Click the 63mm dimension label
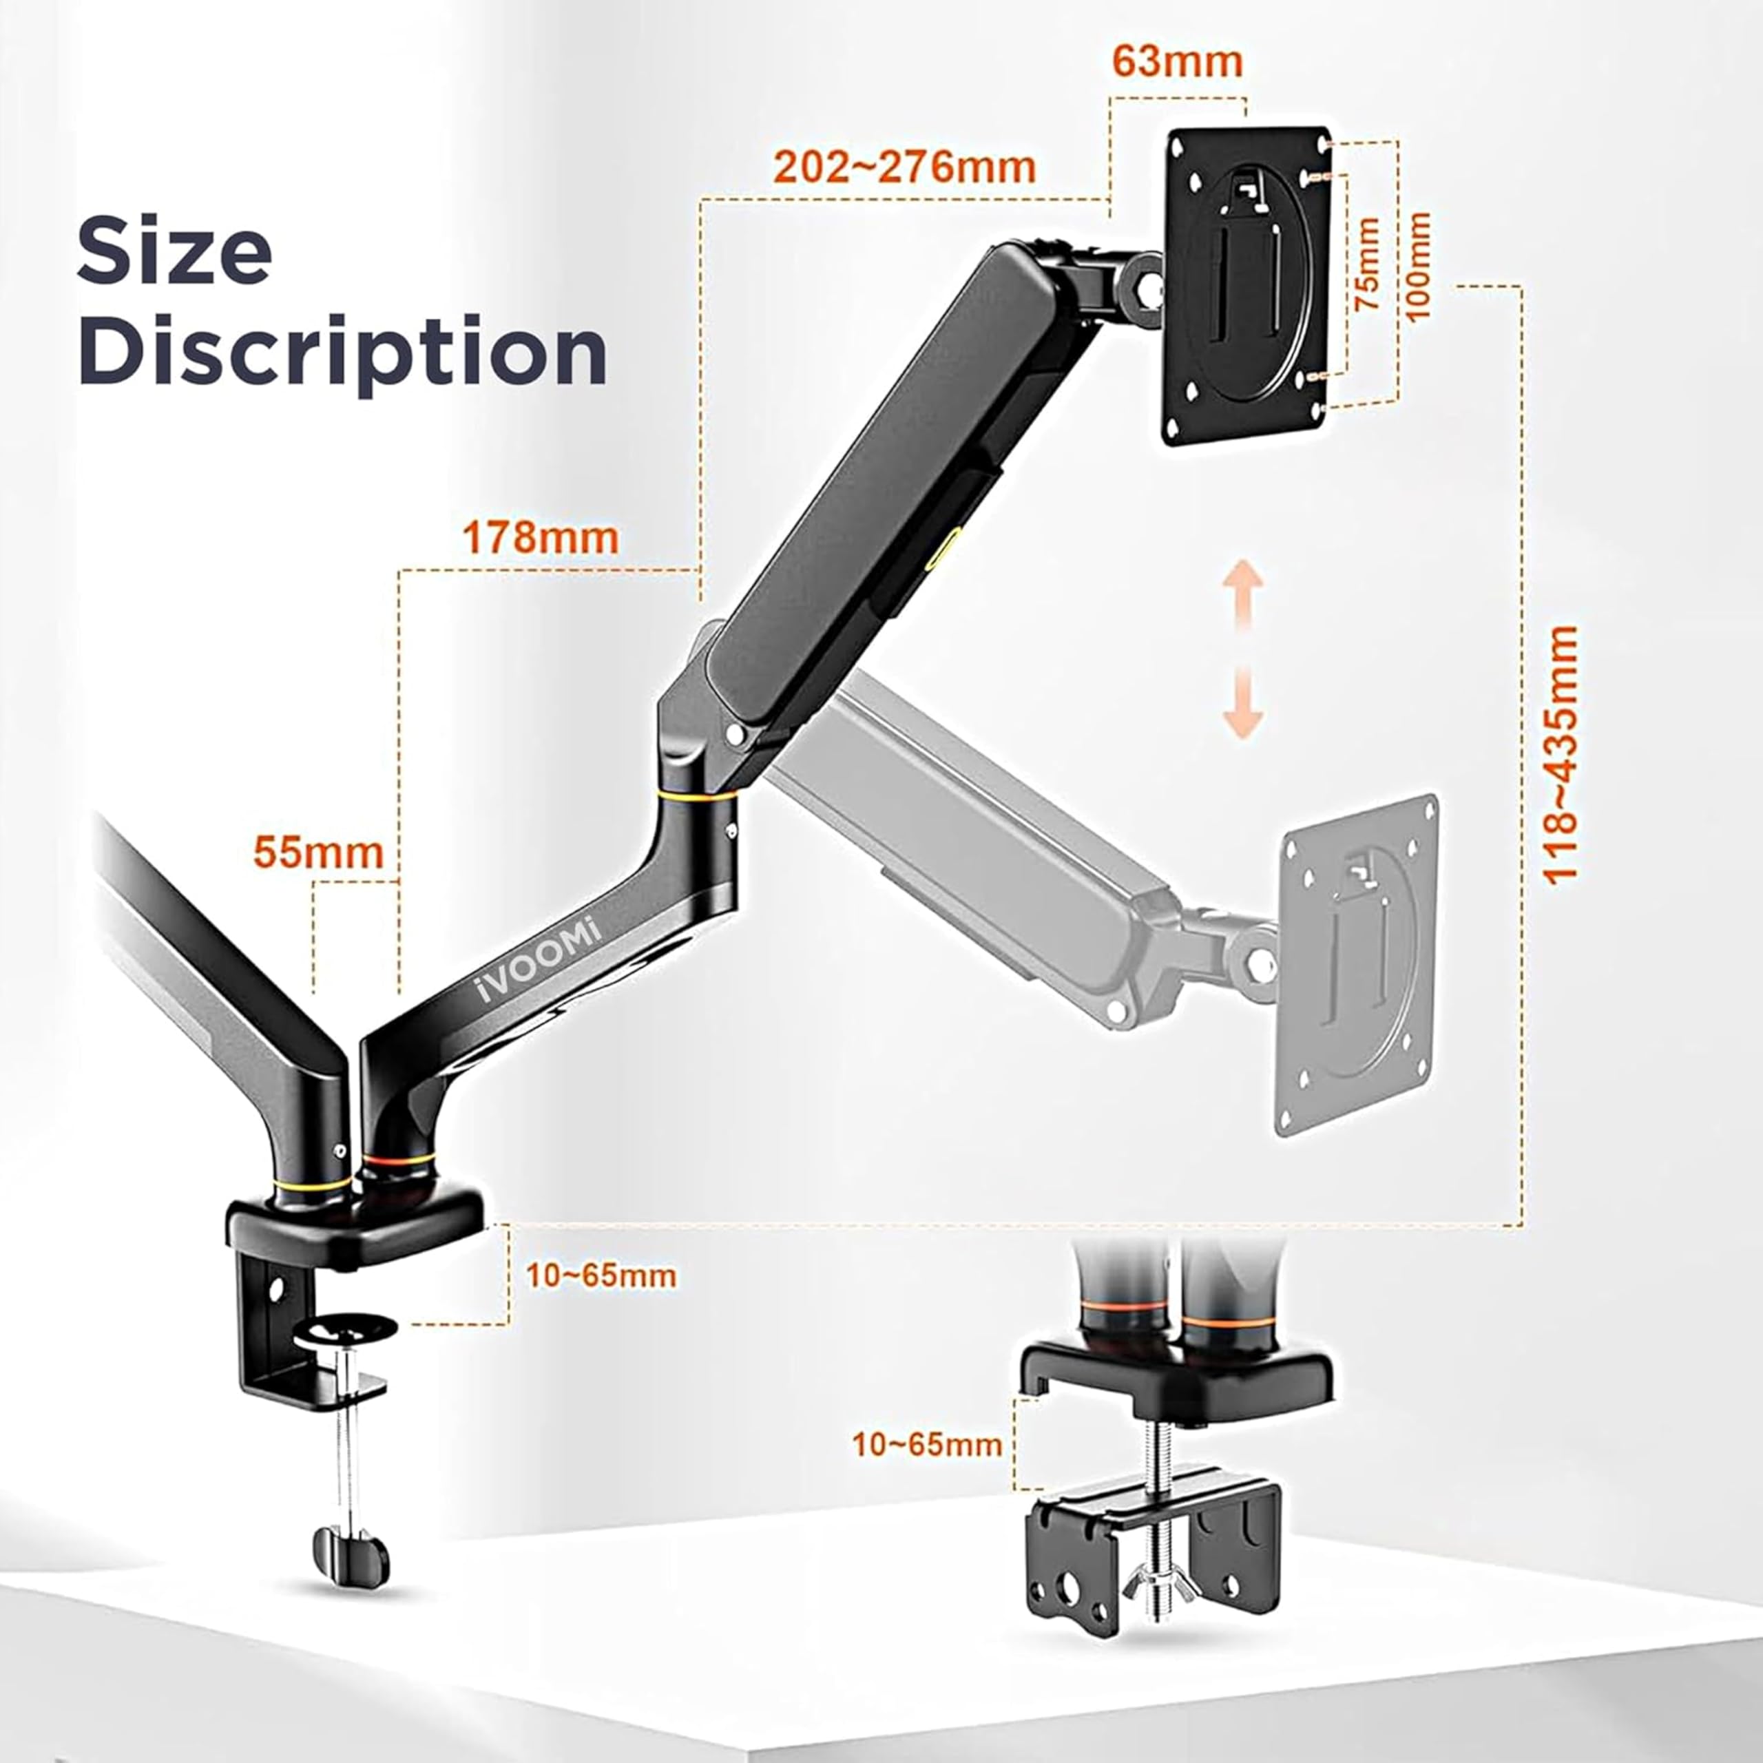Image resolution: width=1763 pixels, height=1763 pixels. [1177, 62]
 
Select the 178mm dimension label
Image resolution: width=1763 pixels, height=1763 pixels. [540, 537]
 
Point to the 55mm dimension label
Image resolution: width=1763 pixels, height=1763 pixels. [318, 853]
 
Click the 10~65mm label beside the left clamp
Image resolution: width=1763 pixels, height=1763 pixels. [601, 1275]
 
